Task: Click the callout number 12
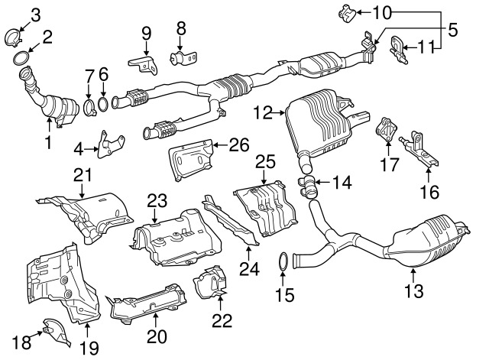click(x=263, y=112)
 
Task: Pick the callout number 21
click(x=82, y=175)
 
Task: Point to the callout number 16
click(x=427, y=187)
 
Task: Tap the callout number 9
click(x=145, y=33)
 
